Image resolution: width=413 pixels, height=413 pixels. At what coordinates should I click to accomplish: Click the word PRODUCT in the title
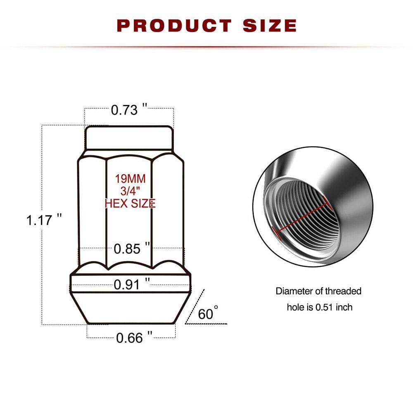pyautogui.click(x=174, y=25)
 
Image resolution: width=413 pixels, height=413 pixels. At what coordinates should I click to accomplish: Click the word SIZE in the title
pyautogui.click(x=269, y=25)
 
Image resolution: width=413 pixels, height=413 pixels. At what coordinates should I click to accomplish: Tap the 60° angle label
pyautogui.click(x=207, y=313)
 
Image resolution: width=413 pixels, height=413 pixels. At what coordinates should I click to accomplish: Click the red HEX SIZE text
pyautogui.click(x=130, y=203)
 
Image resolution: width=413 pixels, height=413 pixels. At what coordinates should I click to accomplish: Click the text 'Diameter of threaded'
pyautogui.click(x=318, y=291)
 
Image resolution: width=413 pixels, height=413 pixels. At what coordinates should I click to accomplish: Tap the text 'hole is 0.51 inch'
pyautogui.click(x=320, y=307)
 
